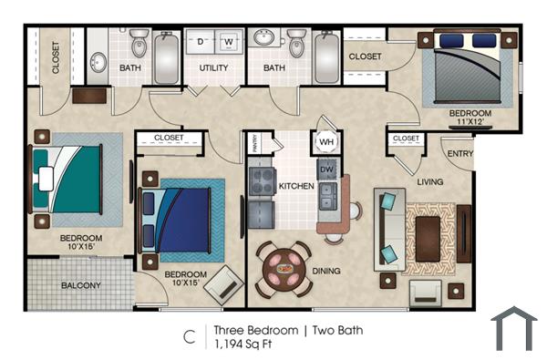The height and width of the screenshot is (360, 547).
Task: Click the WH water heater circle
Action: coord(325,142)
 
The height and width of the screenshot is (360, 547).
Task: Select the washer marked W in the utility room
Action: coord(228,42)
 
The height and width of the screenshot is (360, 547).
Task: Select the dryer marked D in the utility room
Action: coord(200,42)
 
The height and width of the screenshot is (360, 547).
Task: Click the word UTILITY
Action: coord(213,68)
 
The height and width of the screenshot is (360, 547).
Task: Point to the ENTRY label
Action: coord(459,154)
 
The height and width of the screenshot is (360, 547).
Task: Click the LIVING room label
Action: coord(429,181)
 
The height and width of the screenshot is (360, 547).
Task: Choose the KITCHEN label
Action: coord(296,186)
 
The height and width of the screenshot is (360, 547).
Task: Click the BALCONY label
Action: coord(81,285)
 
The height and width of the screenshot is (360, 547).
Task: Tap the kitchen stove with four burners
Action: coord(263,180)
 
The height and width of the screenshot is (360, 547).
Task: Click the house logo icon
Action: coord(514,328)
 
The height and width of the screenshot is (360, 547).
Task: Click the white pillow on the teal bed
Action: coord(46,179)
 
